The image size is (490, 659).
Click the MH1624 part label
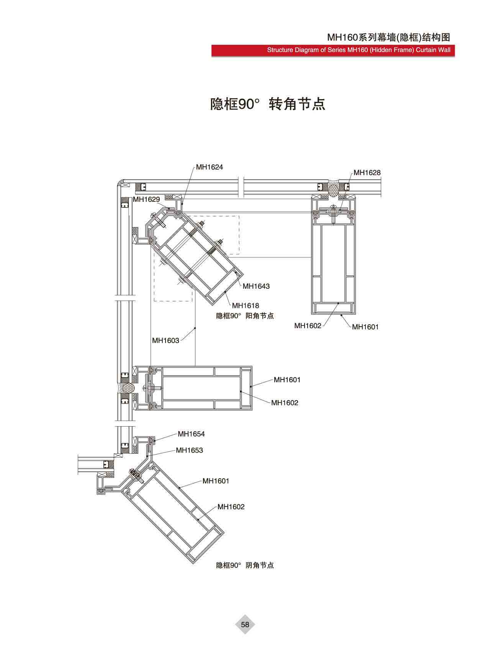[x=209, y=167]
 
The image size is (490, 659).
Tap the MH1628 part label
[x=367, y=173]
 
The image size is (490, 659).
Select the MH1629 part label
[x=146, y=199]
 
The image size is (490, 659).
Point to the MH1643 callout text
[x=256, y=286]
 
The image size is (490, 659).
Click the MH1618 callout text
[x=246, y=306]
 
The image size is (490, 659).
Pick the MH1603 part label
[x=166, y=340]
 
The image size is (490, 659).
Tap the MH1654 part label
[x=191, y=434]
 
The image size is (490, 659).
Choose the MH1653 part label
[x=189, y=450]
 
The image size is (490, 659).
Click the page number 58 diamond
[x=245, y=625]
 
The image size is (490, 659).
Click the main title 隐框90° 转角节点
[x=268, y=104]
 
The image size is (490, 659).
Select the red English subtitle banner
[x=333, y=50]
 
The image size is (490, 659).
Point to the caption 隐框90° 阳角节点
[x=245, y=316]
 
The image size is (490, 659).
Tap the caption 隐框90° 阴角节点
[x=245, y=565]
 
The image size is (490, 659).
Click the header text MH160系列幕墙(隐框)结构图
[x=388, y=37]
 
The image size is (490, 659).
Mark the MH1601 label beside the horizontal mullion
[x=287, y=380]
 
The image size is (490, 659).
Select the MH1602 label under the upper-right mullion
[x=308, y=326]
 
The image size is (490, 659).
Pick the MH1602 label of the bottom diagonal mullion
[x=231, y=507]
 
